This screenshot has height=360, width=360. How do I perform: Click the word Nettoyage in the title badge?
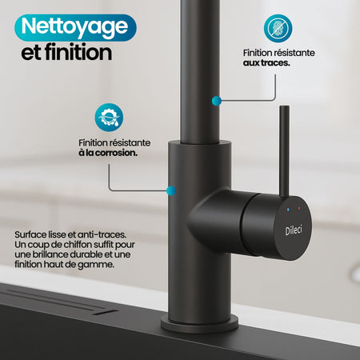pyautogui.click(x=73, y=26)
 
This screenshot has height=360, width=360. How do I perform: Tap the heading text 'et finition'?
pyautogui.click(x=66, y=54)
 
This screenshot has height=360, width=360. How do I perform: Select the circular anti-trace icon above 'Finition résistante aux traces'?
pyautogui.click(x=278, y=29)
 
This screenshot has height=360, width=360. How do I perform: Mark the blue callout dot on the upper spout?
pyautogui.click(x=214, y=101)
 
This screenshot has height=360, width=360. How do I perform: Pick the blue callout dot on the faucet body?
pyautogui.click(x=170, y=191)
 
